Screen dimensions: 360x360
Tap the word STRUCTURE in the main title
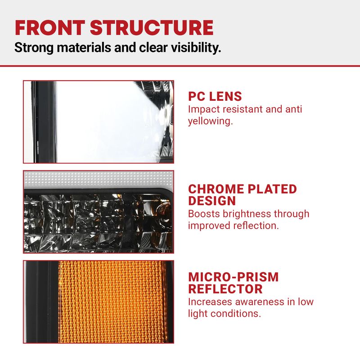coord(152,28)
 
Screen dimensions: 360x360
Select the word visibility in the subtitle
coord(196,48)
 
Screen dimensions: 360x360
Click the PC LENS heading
coord(215,96)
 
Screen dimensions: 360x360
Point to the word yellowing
coord(210,121)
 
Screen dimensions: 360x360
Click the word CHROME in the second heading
coord(216,189)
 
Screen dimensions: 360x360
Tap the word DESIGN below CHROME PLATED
coord(212,201)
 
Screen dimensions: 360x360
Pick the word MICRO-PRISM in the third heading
coord(233,277)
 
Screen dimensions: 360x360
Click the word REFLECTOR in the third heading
coord(225,289)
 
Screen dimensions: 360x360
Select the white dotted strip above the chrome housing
coord(99,179)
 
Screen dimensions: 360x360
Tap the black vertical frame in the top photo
coord(44,121)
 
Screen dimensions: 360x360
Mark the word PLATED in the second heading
coord(272,189)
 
